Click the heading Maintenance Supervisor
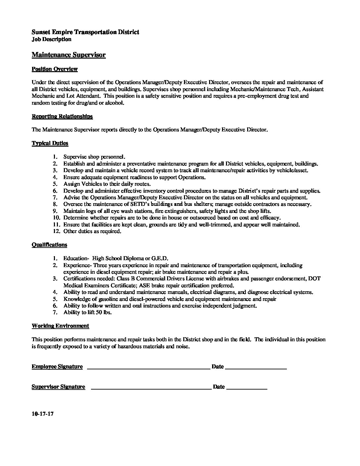pyautogui.click(x=68, y=55)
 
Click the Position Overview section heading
pyautogui.click(x=55, y=69)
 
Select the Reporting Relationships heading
pyautogui.click(x=62, y=117)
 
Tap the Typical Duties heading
pyautogui.click(x=50, y=143)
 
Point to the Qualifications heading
pyautogui.click(x=49, y=245)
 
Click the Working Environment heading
pyautogui.click(x=60, y=326)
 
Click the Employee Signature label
pyautogui.click(x=57, y=367)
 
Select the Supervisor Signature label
pyautogui.click(x=58, y=387)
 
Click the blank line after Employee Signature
pyautogui.click(x=148, y=368)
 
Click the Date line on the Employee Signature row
pyautogui.click(x=256, y=368)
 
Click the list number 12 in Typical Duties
pyautogui.click(x=56, y=231)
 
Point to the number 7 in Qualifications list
pyautogui.click(x=55, y=312)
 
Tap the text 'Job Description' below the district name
pyautogui.click(x=51, y=39)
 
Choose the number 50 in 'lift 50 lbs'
pyautogui.click(x=99, y=312)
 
